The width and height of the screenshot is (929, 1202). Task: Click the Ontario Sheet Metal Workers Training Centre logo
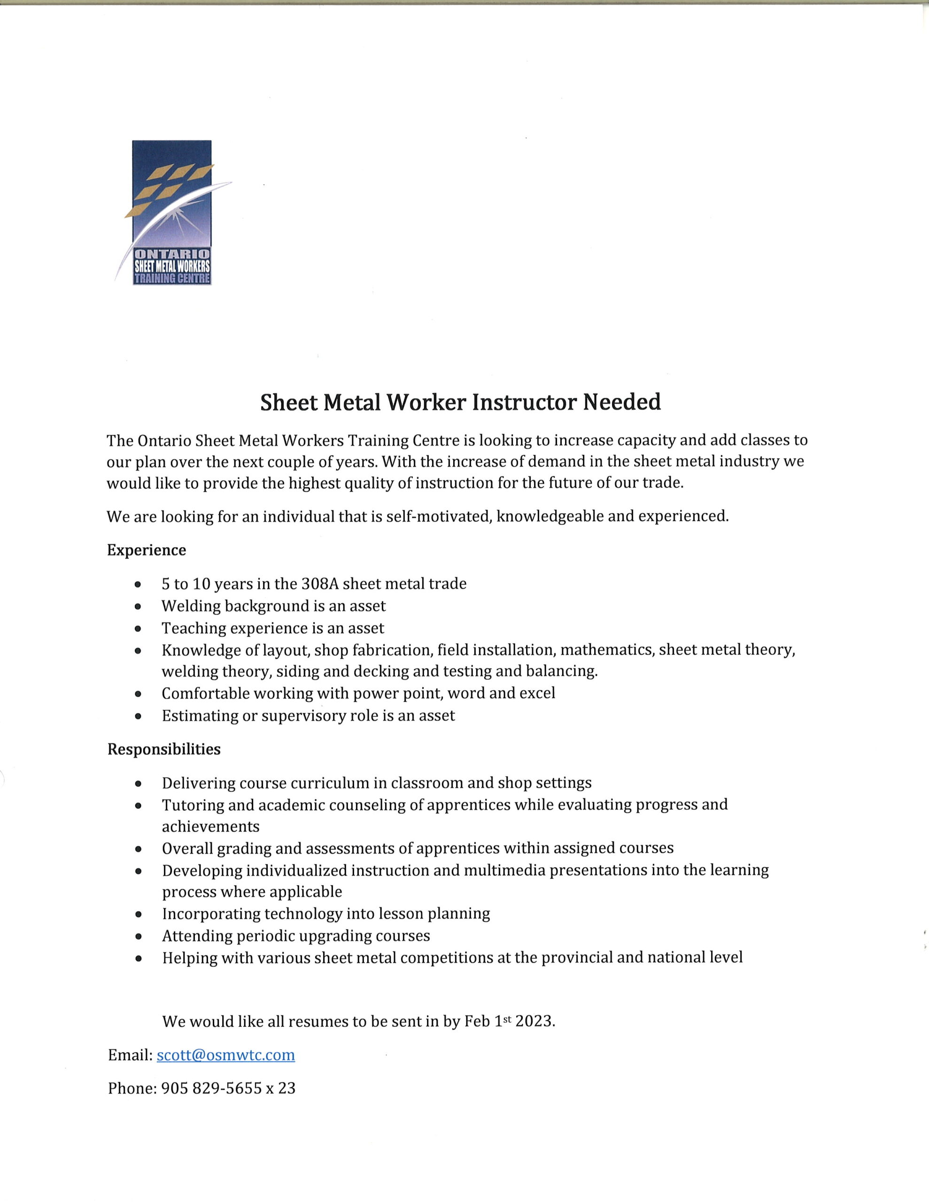[172, 212]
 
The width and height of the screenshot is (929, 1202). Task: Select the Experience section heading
[147, 550]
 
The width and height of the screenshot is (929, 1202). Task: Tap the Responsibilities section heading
[164, 749]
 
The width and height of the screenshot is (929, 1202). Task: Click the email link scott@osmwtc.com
[226, 1055]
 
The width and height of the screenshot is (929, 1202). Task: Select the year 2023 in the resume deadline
[534, 1022]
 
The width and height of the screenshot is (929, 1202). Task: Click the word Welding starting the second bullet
[191, 606]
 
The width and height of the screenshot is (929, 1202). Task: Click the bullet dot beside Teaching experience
[138, 629]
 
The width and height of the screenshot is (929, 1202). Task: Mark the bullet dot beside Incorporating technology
[138, 914]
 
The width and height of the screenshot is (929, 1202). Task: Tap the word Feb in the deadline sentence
[477, 1022]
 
